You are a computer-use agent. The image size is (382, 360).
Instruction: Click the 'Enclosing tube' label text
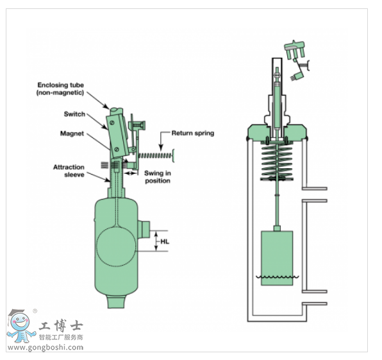pyautogui.click(x=61, y=85)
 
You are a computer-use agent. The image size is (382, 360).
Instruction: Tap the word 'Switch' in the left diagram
pyautogui.click(x=74, y=114)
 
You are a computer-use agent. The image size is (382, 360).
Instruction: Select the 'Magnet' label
pyautogui.click(x=72, y=133)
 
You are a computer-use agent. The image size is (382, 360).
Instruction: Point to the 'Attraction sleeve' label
pyautogui.click(x=69, y=171)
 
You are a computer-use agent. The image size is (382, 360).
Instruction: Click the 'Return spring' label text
pyautogui.click(x=193, y=133)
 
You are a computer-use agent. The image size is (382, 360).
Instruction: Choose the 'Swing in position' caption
pyautogui.click(x=158, y=177)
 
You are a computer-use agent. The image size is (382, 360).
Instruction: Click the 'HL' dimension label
pyautogui.click(x=165, y=241)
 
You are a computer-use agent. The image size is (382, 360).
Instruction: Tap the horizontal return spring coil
pyautogui.click(x=155, y=155)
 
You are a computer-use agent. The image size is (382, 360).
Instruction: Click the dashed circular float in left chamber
pyautogui.click(x=116, y=246)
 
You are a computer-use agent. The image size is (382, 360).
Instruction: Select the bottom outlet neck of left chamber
pyautogui.click(x=117, y=302)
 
